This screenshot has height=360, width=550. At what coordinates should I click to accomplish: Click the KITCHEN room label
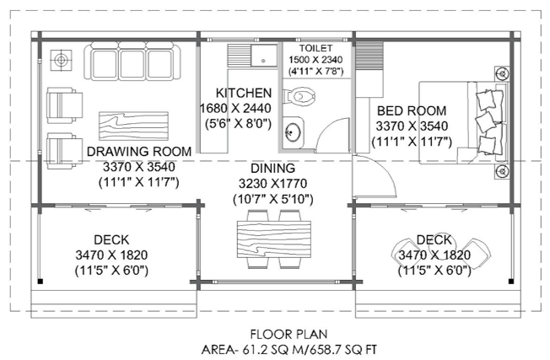(244, 93)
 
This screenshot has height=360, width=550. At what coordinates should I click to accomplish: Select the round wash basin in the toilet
(293, 132)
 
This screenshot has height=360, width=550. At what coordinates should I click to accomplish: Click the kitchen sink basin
(264, 56)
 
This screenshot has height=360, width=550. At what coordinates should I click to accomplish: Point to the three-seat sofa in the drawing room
(132, 61)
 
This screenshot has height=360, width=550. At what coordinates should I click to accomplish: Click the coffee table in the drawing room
(133, 126)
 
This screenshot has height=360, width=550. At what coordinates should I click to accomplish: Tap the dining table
(274, 239)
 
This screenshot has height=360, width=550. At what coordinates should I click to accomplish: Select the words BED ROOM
(412, 110)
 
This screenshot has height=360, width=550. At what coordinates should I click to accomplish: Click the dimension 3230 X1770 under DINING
(272, 183)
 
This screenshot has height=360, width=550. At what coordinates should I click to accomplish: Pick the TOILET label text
(315, 48)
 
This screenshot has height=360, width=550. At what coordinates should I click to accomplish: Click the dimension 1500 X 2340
(315, 60)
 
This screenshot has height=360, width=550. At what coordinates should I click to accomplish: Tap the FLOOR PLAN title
(288, 334)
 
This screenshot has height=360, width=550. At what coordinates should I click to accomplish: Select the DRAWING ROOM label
(139, 152)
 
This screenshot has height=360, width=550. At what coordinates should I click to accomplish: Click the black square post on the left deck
(40, 281)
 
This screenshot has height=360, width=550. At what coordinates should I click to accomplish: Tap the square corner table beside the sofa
(61, 61)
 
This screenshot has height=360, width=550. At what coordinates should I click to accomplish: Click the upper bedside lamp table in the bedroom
(503, 74)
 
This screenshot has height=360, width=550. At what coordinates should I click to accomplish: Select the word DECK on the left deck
(111, 239)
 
